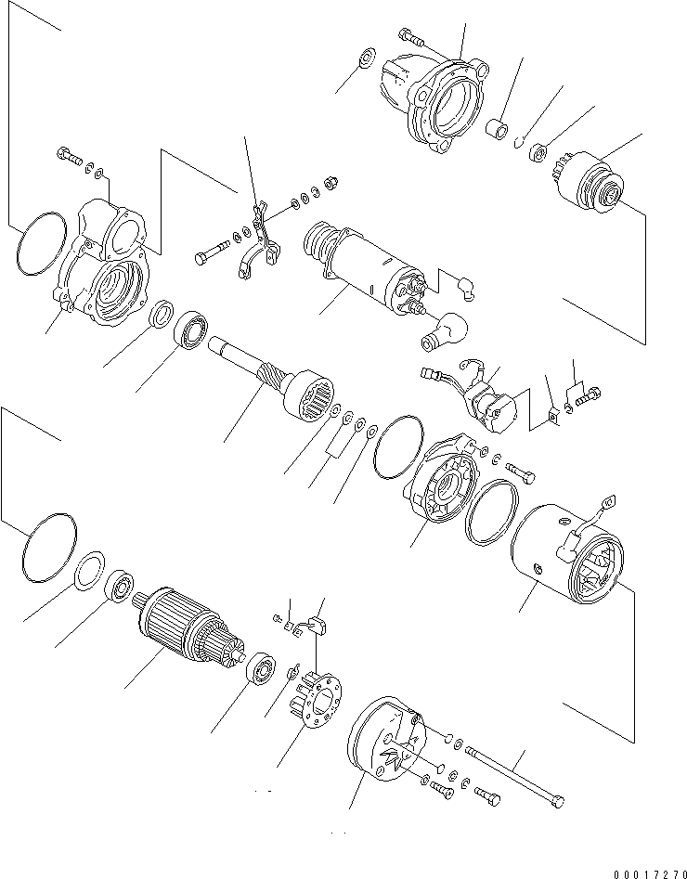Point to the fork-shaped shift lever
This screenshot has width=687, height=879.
point(263,245)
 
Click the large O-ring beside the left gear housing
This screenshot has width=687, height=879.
point(42,243)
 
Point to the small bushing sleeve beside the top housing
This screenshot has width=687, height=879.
point(501,128)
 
